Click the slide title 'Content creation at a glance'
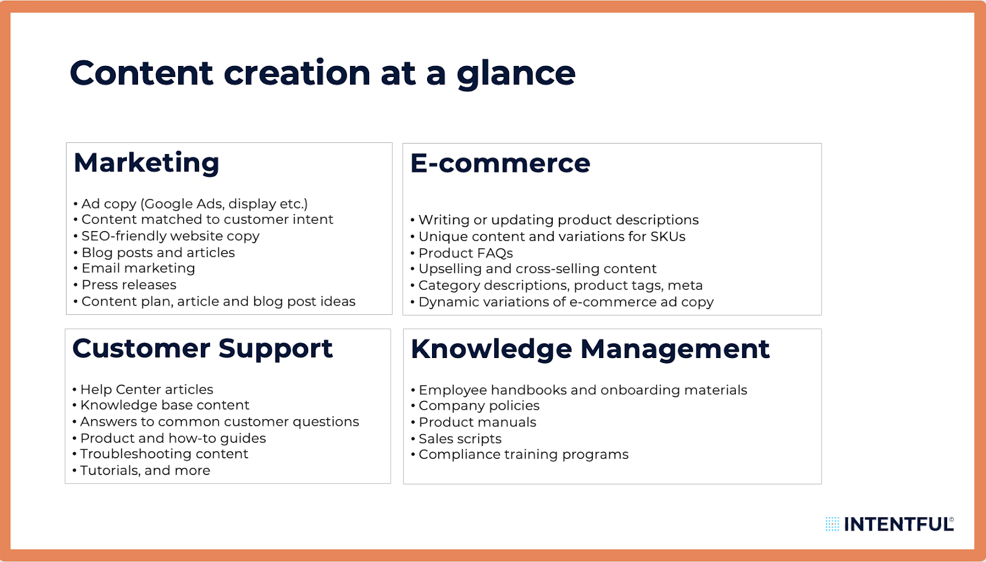pos(322,73)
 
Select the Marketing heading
pos(147,163)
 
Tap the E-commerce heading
pos(500,164)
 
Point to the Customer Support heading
pos(202,349)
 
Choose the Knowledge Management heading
pos(590,349)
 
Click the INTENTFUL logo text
pos(898,524)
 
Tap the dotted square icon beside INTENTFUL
pos(832,524)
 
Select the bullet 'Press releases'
pos(129,285)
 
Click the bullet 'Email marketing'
pos(138,268)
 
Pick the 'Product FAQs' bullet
pos(465,253)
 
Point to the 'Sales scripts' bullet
pos(460,439)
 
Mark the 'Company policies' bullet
pos(479,405)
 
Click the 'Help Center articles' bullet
pos(147,389)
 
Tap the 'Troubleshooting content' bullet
pos(164,454)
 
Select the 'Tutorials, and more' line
pos(145,471)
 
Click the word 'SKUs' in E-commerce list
pos(668,237)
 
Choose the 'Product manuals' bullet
pos(477,422)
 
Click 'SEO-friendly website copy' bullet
pos(170,236)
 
